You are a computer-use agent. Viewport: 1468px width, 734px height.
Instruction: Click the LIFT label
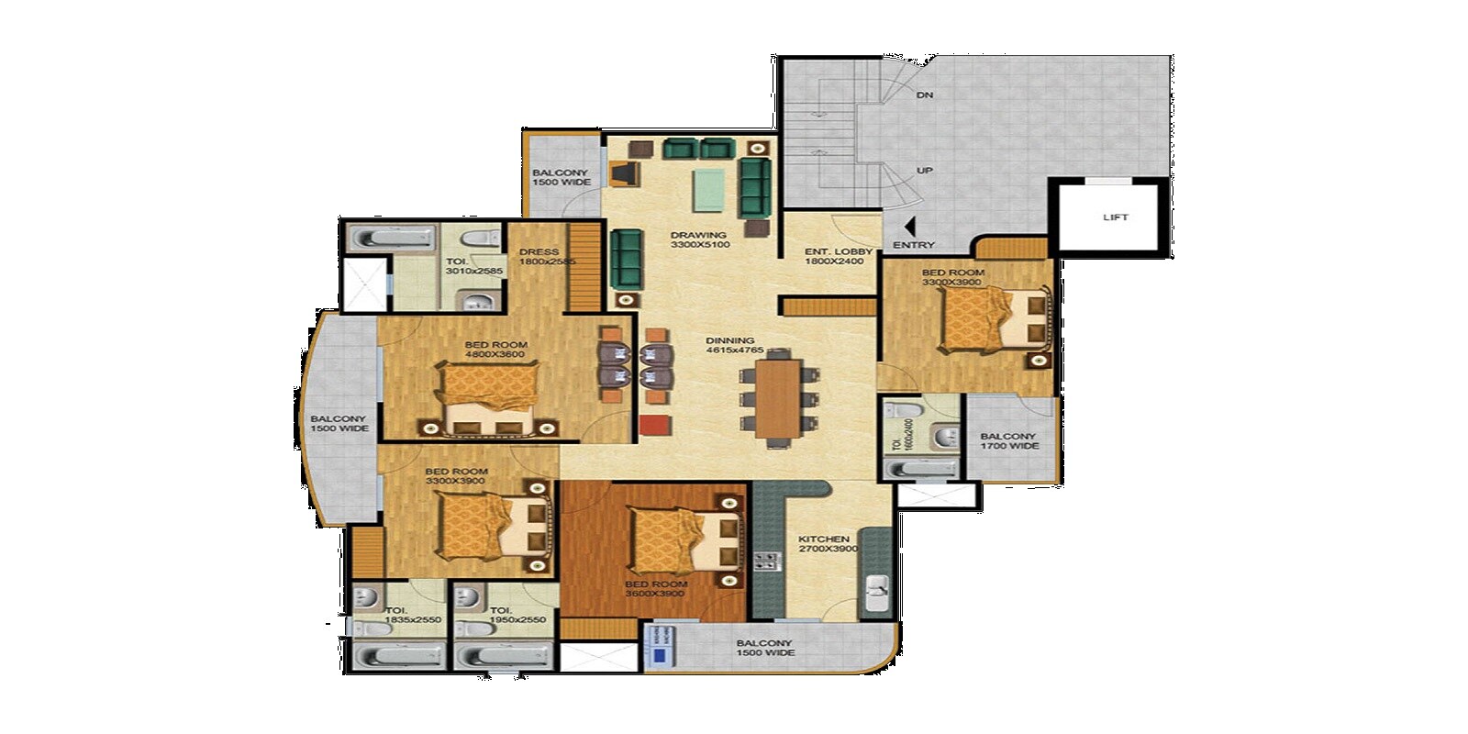point(1116,217)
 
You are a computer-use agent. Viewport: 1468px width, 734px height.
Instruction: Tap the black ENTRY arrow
point(909,226)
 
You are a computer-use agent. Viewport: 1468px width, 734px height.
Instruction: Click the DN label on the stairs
point(924,95)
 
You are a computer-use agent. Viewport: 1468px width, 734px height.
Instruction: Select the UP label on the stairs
point(925,171)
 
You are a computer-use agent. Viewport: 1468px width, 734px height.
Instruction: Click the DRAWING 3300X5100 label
point(698,240)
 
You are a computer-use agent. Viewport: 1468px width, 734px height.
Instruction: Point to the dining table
point(779,397)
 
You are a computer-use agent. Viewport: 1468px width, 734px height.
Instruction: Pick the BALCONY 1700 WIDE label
point(1008,441)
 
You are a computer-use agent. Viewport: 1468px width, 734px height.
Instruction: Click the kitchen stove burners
point(766,560)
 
